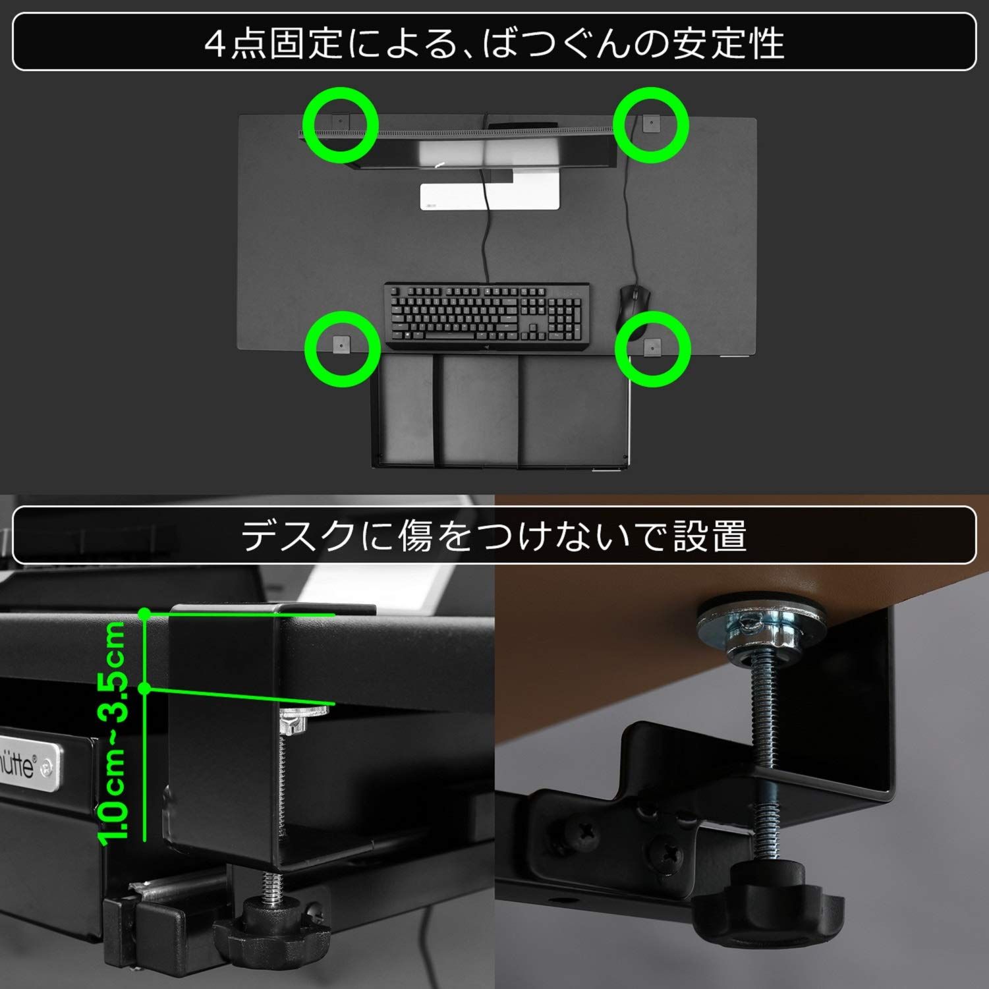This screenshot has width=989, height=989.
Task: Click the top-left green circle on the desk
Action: (341, 125)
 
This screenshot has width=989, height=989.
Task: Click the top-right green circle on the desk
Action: (651, 125)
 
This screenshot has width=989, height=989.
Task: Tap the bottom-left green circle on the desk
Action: (342, 349)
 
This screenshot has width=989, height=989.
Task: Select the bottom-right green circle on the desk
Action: (652, 349)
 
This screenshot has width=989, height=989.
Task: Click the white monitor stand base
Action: (490, 196)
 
